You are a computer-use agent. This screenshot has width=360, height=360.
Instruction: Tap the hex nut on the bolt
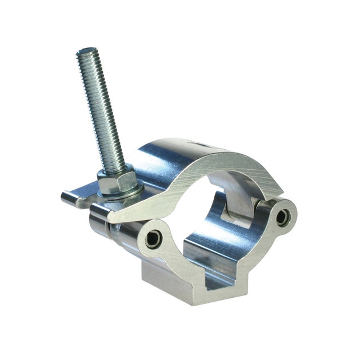point(118,181)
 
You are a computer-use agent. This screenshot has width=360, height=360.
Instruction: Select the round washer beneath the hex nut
point(121,193)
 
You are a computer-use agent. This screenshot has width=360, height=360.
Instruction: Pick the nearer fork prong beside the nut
point(99,213)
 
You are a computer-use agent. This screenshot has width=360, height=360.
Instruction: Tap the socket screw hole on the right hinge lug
point(282,217)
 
